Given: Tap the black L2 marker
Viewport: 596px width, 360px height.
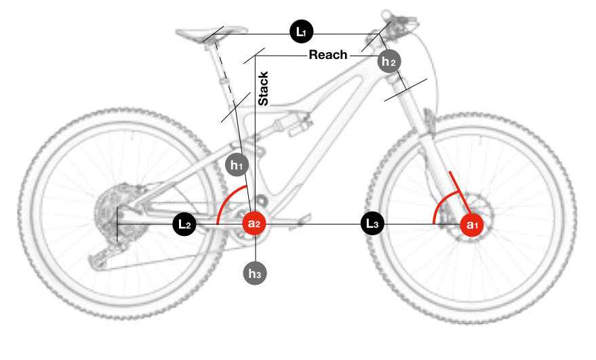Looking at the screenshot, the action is click(x=184, y=224).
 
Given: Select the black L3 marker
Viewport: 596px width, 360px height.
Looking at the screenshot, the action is click(x=372, y=224).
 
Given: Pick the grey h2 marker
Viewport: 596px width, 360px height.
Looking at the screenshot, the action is click(x=389, y=62).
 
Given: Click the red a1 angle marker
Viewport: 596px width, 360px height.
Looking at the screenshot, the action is click(x=472, y=224).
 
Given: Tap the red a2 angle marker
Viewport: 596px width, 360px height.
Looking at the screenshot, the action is click(x=254, y=224).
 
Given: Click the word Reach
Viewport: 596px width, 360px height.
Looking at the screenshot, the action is click(x=328, y=55).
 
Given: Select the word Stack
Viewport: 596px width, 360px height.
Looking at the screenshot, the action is click(x=264, y=88).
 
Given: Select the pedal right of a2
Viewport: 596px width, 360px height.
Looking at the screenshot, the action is click(x=302, y=218).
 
